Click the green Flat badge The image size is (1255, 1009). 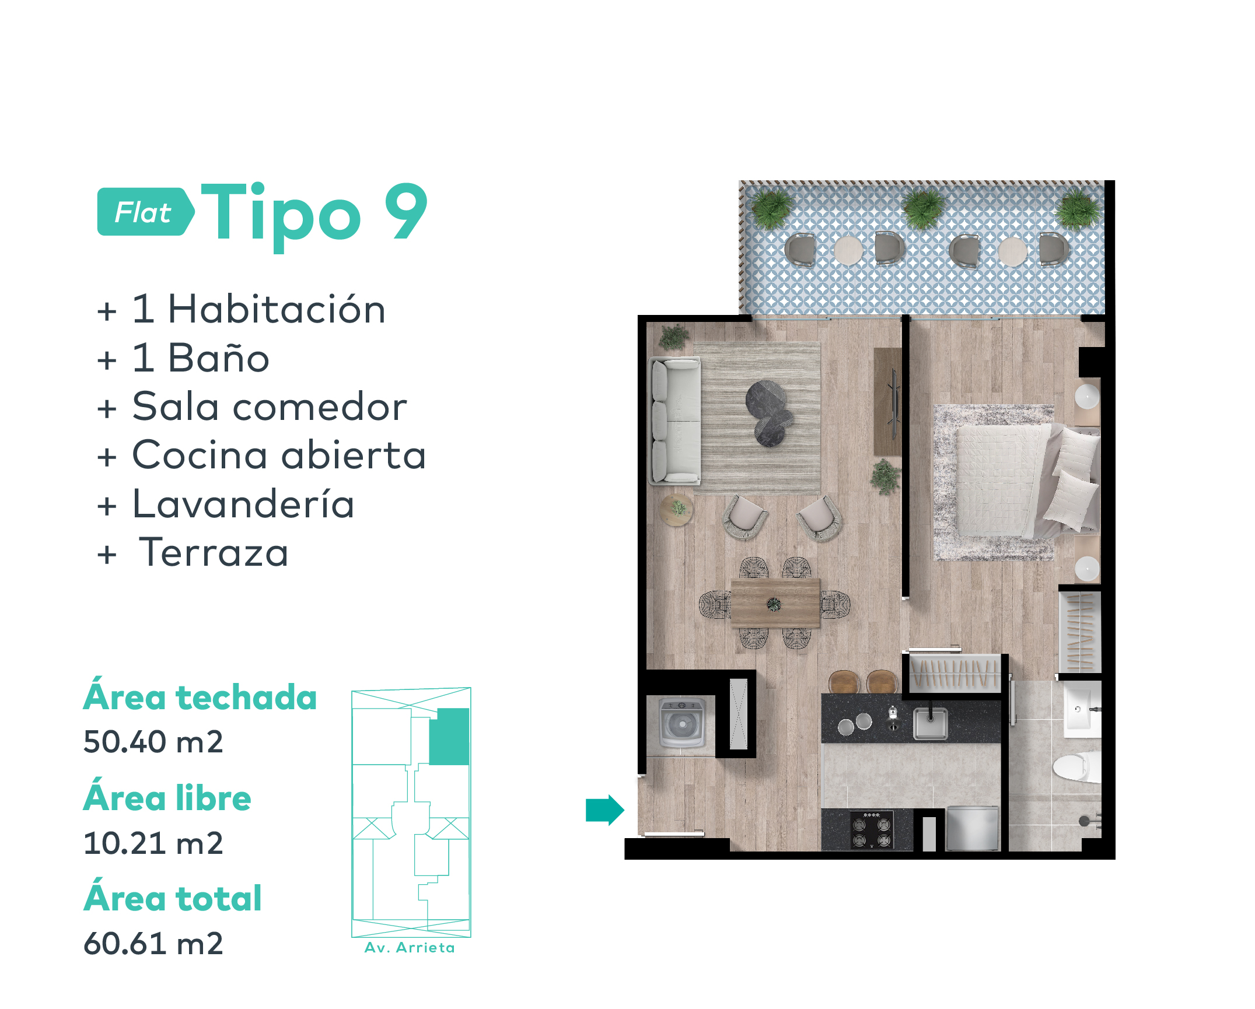[x=145, y=212]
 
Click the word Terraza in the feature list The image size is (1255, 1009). [x=214, y=552]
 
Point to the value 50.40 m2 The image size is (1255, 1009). [x=153, y=741]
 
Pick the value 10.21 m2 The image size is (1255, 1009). [x=153, y=843]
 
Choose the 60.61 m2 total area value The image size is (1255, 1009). [x=153, y=943]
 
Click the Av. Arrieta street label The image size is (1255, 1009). [x=410, y=948]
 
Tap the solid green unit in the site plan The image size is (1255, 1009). [x=449, y=736]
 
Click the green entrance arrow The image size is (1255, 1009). [x=605, y=810]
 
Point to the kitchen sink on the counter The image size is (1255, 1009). [x=930, y=723]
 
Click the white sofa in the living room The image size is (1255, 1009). [x=676, y=421]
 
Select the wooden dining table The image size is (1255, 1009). [x=775, y=603]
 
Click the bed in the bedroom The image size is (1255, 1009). [x=1027, y=479]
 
